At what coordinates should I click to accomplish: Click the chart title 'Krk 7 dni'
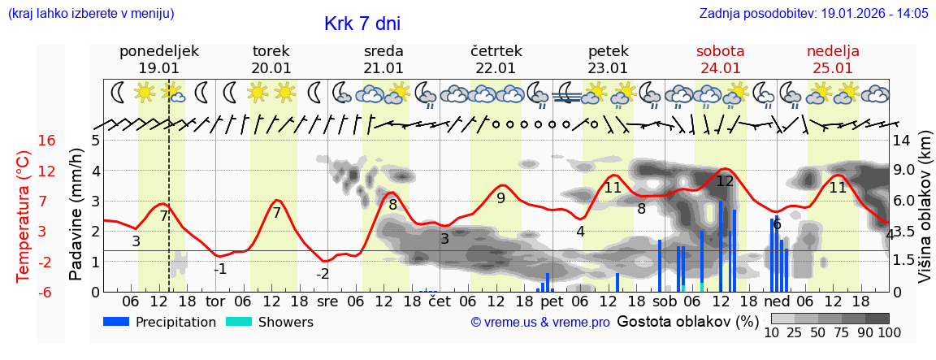click(x=362, y=24)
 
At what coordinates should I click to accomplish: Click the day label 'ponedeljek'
click(x=159, y=51)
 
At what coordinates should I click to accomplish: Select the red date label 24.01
click(x=720, y=68)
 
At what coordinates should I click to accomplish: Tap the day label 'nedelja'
click(x=833, y=51)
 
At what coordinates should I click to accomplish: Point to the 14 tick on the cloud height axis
click(x=902, y=141)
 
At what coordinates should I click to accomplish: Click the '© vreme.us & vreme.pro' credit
click(x=540, y=323)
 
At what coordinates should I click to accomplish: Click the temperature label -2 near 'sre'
click(x=323, y=274)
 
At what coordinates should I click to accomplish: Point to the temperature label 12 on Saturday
click(x=725, y=181)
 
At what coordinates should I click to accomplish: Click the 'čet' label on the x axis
click(x=439, y=301)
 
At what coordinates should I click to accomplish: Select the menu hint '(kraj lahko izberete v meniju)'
click(x=91, y=13)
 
